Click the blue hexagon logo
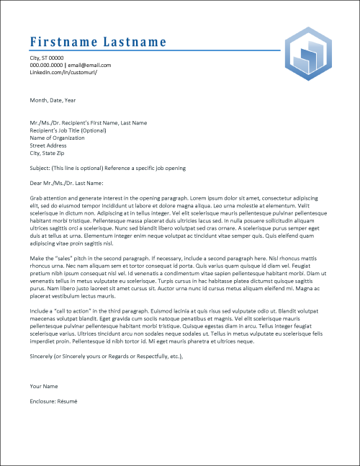(x=308, y=55)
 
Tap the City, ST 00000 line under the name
(x=47, y=58)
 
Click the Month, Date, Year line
(x=53, y=101)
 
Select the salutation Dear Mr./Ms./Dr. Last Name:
(x=71, y=182)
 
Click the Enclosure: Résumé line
(x=53, y=400)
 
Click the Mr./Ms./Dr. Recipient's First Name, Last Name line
(x=88, y=123)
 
